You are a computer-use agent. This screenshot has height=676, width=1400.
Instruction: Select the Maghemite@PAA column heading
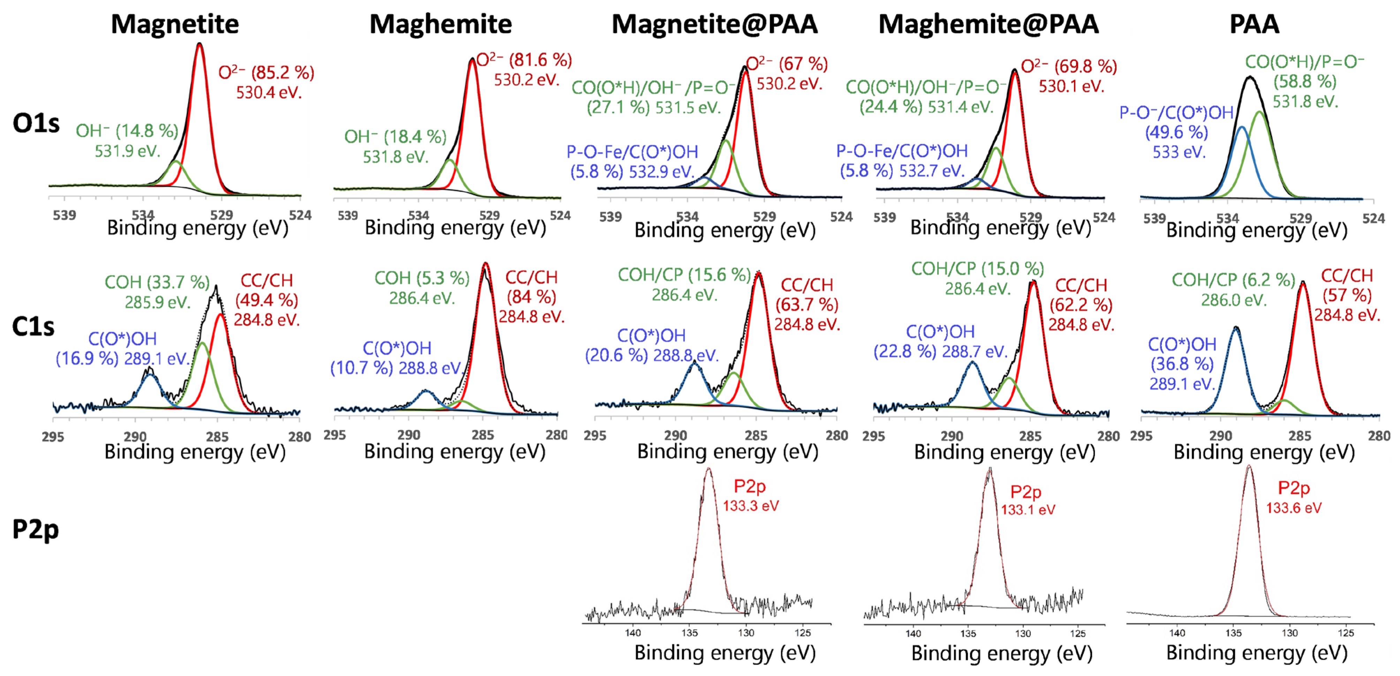click(988, 24)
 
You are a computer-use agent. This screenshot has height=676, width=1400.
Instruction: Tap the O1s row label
click(36, 124)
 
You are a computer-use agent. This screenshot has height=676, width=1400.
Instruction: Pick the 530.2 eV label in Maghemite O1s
click(526, 80)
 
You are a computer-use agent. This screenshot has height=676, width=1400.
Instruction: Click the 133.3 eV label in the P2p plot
click(750, 506)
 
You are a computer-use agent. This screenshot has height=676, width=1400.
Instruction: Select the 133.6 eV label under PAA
click(1294, 508)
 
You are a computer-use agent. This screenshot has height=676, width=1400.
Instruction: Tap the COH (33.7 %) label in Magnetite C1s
click(157, 282)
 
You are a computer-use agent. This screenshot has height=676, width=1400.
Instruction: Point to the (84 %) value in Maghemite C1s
click(531, 297)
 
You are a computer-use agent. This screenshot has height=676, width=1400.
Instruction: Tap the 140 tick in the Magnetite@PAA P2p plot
click(633, 632)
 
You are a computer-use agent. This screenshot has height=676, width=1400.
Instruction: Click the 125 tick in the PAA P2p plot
click(1346, 633)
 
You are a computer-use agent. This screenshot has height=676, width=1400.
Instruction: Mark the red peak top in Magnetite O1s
click(199, 45)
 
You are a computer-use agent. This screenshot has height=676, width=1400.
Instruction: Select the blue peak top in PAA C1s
click(1236, 328)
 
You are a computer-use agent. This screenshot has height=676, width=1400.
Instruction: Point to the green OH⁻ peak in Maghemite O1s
click(450, 161)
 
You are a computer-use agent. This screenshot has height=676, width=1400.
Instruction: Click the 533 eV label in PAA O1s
click(1179, 152)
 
